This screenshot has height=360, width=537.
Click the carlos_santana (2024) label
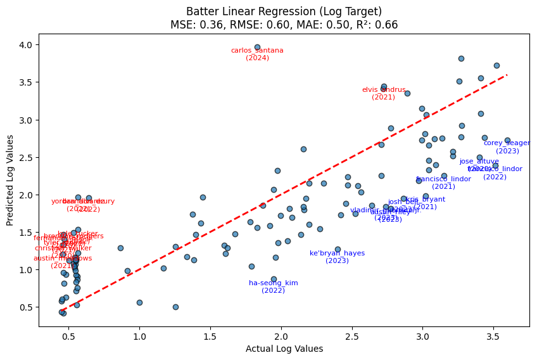[x=257, y=54]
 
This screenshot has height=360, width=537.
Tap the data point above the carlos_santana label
[x=257, y=47]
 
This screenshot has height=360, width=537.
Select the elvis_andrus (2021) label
[x=383, y=93]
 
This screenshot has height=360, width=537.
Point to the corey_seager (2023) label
[x=507, y=146]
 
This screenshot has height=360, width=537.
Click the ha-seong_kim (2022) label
[x=273, y=286]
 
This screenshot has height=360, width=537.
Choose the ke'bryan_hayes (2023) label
[x=337, y=257]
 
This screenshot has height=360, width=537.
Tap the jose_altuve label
[x=479, y=162]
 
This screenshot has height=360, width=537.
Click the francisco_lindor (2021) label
[x=443, y=183]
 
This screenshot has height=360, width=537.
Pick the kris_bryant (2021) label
[x=425, y=203]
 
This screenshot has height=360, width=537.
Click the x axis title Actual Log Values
[x=284, y=349]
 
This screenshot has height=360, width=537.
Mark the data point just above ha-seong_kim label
[x=274, y=279]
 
